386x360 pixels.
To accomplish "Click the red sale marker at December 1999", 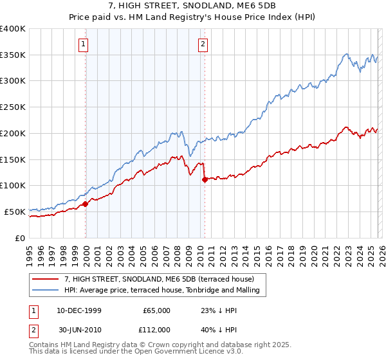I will coord(85,204).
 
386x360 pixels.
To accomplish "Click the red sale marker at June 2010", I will coord(205,179).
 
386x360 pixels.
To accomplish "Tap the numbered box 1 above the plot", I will coord(84,44).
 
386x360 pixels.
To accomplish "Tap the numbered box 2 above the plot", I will coord(203,44).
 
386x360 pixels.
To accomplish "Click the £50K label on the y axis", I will coord(15,212).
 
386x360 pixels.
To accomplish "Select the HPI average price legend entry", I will coord(161,291).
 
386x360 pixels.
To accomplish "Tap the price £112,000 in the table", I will coord(156,329).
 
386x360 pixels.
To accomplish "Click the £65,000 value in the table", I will coord(156,310).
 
